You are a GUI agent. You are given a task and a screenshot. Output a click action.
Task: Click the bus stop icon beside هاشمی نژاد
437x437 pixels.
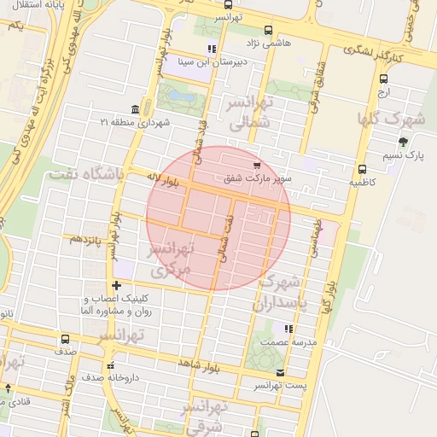269,30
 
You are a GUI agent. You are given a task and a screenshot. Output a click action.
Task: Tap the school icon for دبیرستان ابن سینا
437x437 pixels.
212,48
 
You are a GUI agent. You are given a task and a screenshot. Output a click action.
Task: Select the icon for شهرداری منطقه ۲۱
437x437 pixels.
135,109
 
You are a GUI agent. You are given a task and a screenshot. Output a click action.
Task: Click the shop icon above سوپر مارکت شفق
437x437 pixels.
257,164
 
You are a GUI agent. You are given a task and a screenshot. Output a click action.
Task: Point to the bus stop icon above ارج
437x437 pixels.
383,79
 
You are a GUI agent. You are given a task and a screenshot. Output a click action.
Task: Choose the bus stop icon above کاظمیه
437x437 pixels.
363,169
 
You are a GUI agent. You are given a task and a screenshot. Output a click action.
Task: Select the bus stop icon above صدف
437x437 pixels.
66,339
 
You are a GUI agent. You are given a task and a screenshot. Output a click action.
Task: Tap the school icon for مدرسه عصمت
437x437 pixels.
288,328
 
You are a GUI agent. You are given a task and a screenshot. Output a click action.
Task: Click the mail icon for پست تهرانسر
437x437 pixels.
282,373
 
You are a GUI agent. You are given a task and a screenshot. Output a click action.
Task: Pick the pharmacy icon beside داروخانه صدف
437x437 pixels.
86,376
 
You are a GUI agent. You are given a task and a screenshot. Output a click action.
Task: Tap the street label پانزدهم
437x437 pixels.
86,240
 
